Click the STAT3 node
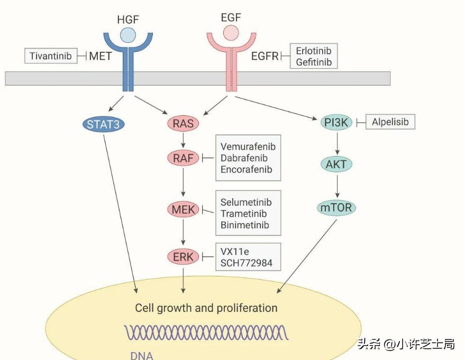click(104, 124)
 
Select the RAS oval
click(183, 124)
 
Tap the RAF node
click(183, 157)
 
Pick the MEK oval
click(183, 209)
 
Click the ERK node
click(183, 257)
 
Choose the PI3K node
click(336, 123)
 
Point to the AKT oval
click(336, 164)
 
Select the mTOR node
click(336, 208)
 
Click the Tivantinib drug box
click(51, 56)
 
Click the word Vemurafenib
click(248, 146)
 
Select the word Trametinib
click(244, 214)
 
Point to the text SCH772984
click(247, 263)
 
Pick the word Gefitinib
click(314, 62)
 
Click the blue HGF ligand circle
click(127, 35)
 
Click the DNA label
click(142, 355)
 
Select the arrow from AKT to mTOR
click(336, 186)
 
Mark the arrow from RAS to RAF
click(183, 141)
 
